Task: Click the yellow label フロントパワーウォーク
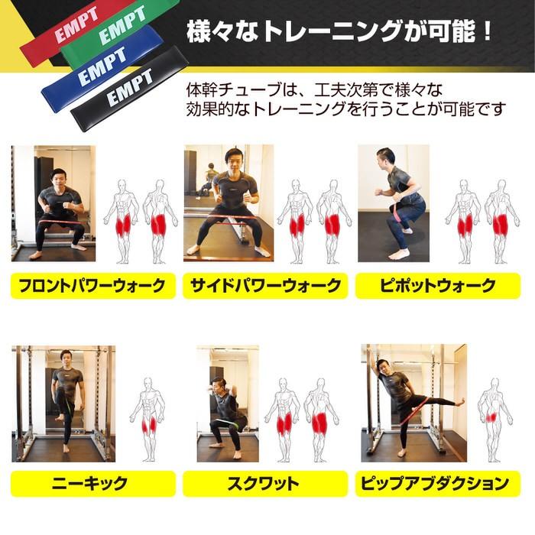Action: pos(89,287)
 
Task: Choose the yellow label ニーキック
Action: pos(89,483)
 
